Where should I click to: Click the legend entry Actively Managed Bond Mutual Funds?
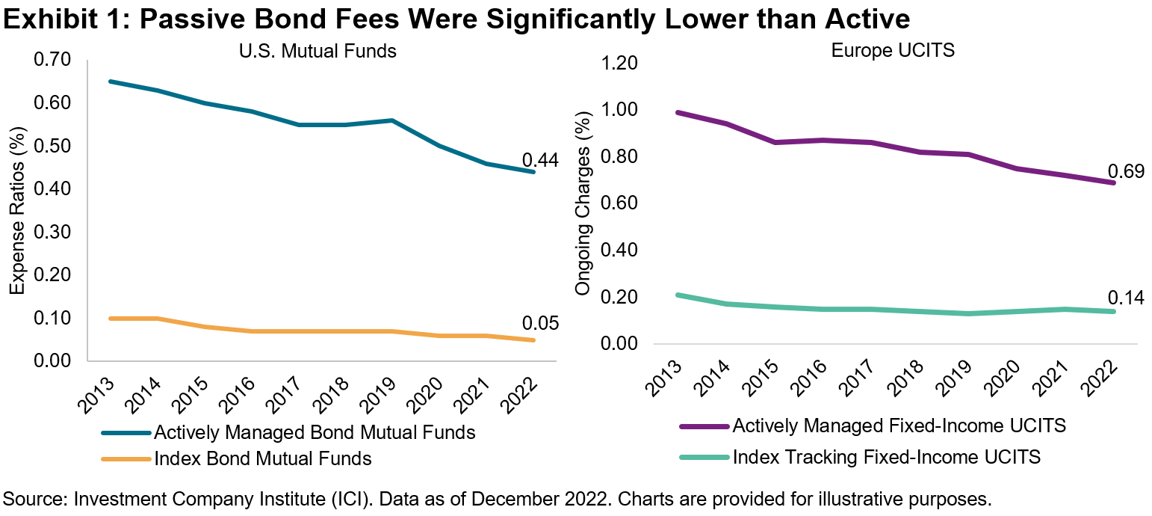click(x=314, y=432)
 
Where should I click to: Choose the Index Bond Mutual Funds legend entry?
click(x=262, y=458)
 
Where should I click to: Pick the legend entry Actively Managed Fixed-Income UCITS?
click(x=899, y=426)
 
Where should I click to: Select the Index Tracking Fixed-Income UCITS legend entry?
click(x=887, y=456)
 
